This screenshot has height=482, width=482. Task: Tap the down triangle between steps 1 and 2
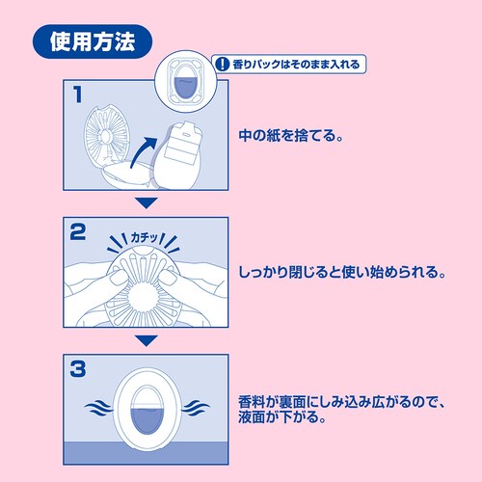tap(145, 203)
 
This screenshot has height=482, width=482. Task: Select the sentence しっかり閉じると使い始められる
tap(342, 273)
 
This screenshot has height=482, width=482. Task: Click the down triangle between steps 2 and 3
tap(145, 340)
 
